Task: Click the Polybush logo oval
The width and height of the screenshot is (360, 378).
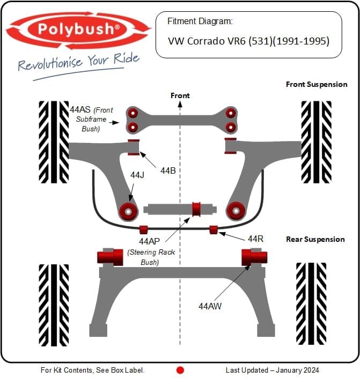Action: click(78, 30)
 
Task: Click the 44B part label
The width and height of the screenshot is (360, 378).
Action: click(168, 171)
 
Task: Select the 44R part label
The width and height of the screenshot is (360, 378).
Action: click(255, 238)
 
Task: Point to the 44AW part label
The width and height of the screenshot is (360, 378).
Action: click(210, 306)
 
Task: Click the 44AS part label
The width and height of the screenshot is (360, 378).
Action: click(80, 109)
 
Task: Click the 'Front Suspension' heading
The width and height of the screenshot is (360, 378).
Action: click(317, 84)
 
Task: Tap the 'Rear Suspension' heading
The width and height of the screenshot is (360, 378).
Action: click(315, 239)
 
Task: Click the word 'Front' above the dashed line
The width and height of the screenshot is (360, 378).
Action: click(180, 95)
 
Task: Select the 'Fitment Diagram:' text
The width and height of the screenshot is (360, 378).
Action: click(200, 21)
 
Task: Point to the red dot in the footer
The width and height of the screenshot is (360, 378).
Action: click(180, 370)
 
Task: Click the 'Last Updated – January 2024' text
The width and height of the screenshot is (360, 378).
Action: click(272, 370)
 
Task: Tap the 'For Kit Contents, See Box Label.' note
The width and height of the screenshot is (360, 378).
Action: click(93, 370)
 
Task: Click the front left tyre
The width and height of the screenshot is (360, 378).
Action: click(54, 142)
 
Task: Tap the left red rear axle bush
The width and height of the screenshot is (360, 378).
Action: click(109, 257)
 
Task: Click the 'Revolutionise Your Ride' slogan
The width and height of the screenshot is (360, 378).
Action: click(78, 62)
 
